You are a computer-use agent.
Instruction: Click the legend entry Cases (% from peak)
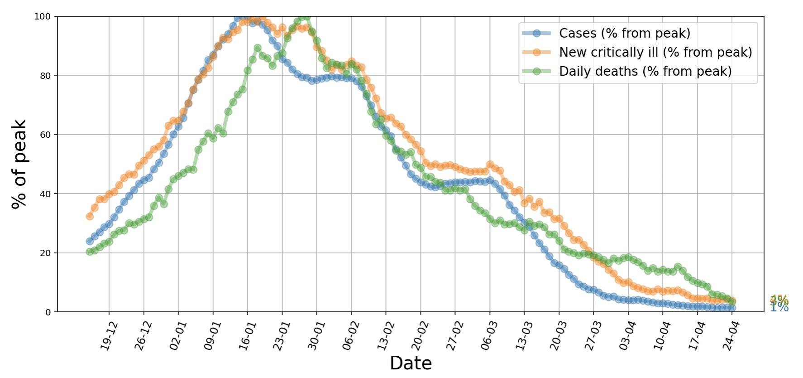[x=624, y=33]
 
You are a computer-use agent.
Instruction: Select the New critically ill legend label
[x=655, y=52]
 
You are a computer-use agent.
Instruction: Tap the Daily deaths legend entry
[x=645, y=71]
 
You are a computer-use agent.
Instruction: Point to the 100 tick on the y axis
[x=42, y=17]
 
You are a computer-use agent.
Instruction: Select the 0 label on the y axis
[x=48, y=312]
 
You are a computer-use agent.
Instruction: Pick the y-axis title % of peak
[x=19, y=164]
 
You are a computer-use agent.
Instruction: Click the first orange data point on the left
[x=90, y=216]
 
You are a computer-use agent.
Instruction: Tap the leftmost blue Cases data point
[x=90, y=241]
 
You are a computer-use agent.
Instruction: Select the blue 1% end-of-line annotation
[x=779, y=308]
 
